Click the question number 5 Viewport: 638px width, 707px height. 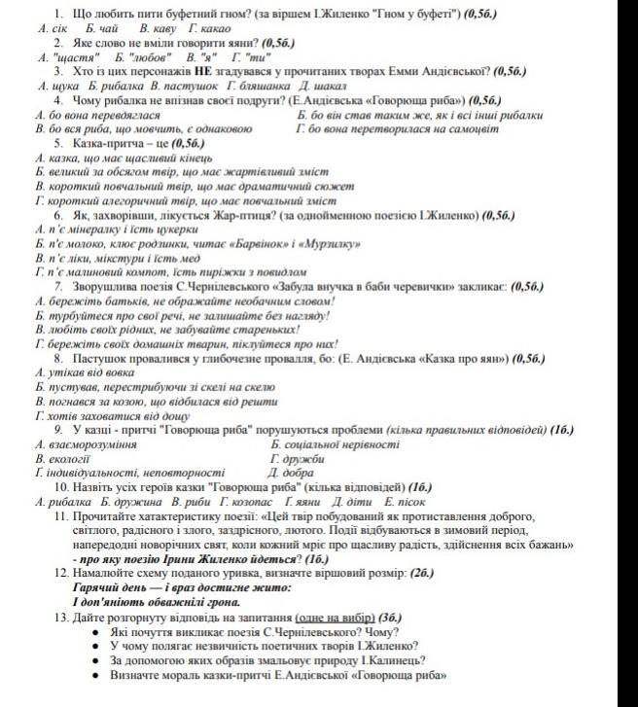tap(57, 142)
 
